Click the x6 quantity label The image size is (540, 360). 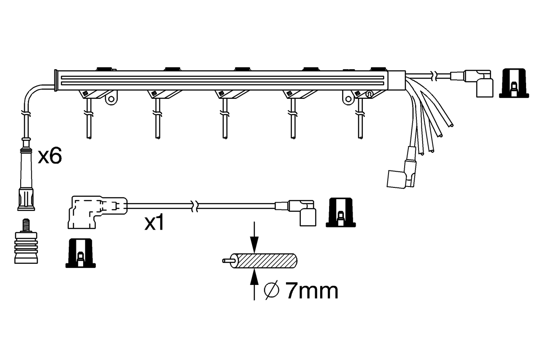50,157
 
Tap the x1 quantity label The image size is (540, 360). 154,224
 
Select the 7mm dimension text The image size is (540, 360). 312,291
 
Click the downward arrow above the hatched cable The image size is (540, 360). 254,241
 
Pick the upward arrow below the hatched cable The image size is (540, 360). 254,283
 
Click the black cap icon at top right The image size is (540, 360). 513,83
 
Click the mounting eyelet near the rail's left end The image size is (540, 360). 111,100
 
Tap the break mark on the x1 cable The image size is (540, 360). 194,206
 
